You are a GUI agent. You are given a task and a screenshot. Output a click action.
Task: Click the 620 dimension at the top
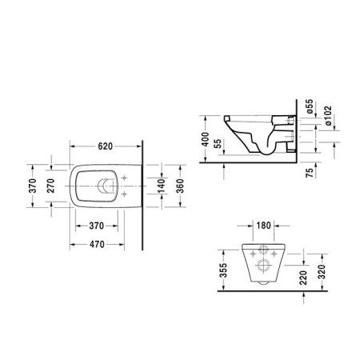(x=106, y=146)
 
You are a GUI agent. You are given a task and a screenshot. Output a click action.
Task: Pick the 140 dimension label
(x=162, y=186)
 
